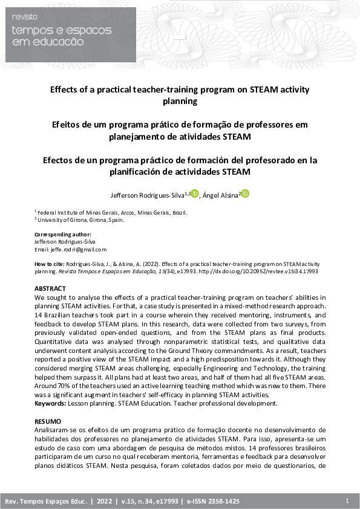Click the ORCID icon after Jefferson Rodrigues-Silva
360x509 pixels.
(195, 193)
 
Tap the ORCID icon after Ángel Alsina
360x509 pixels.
(245, 193)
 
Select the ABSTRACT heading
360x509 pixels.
(50, 289)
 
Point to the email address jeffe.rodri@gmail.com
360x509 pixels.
(70, 249)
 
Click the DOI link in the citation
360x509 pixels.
(266, 271)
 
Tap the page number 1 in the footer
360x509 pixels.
(347, 501)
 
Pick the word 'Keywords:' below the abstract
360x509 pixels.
(50, 402)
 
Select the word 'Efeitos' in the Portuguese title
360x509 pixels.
(68, 125)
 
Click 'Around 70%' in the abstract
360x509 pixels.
(51, 386)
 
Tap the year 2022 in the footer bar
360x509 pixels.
(105, 502)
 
